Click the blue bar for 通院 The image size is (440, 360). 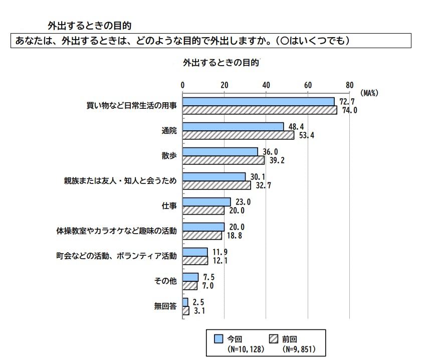tap(233, 126)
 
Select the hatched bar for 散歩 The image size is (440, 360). tap(224, 160)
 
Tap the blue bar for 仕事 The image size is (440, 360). tap(206, 202)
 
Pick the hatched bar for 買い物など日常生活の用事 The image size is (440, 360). tap(260, 110)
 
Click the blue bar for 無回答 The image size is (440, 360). tap(185, 302)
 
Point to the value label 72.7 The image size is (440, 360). tap(346, 102)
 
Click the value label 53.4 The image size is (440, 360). tap(306, 135)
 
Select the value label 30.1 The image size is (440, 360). tap(258, 176)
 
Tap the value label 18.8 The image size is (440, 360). tap(234, 236)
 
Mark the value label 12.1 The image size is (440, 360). tap(219, 261)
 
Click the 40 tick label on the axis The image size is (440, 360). tap(266, 84)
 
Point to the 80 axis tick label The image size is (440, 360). tap(349, 84)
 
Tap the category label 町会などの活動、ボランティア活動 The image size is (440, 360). tap(116, 256)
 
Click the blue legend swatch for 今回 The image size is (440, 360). tap(218, 339)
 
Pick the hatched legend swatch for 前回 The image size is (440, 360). tap(274, 339)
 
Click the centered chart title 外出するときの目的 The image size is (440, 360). tap(221, 63)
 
